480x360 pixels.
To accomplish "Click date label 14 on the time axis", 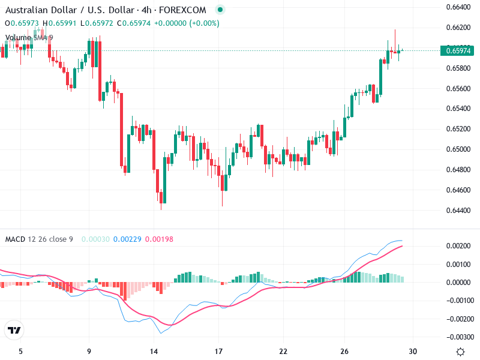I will pos(154,352).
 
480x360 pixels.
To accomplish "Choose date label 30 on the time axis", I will pos(413,352).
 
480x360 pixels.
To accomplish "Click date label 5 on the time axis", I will pos(21,352).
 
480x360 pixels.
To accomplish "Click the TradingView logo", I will pos(14,330).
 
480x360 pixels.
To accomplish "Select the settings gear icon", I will pos(460,352).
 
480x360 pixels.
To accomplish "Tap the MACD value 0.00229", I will pos(129,239).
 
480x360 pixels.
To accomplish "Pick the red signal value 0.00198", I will pos(159,239).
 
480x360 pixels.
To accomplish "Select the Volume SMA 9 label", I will pos(29,37).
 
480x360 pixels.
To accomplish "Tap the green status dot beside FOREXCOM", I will pos(220,10).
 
